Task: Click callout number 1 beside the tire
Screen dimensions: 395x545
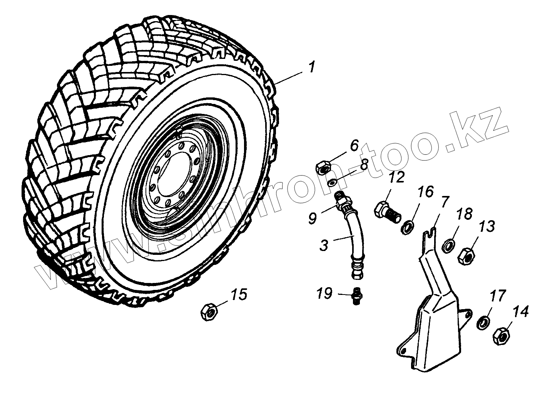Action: [311, 68]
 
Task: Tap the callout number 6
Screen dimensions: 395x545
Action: [354, 146]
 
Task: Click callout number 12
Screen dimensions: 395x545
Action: [397, 177]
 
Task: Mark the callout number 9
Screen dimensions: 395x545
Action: [312, 218]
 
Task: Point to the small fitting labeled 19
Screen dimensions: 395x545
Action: [358, 296]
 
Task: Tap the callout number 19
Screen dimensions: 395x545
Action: [324, 294]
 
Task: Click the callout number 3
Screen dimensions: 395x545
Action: [324, 245]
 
